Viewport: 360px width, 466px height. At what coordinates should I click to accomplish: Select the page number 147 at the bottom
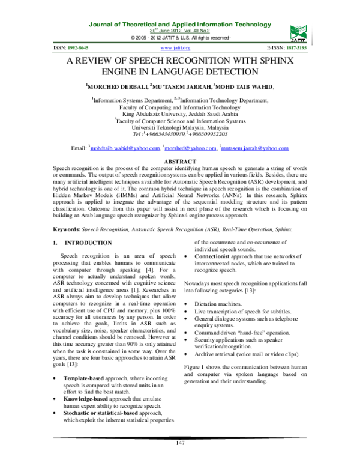179,443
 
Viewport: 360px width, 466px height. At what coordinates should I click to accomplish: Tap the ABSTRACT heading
180,162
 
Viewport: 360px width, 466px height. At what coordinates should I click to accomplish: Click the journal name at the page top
180,24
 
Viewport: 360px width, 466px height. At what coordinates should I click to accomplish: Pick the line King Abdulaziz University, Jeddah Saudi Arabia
179,113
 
